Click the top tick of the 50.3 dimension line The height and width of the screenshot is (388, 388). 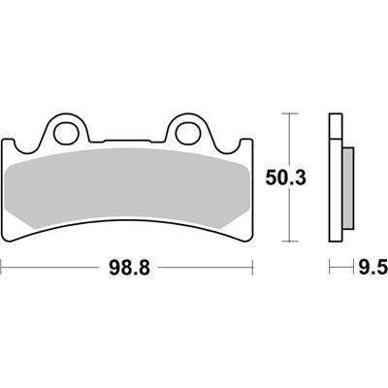288,113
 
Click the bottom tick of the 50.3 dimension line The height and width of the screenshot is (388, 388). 288,242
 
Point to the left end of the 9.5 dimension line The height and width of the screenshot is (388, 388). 331,265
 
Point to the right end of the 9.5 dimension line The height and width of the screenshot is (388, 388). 346,265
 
